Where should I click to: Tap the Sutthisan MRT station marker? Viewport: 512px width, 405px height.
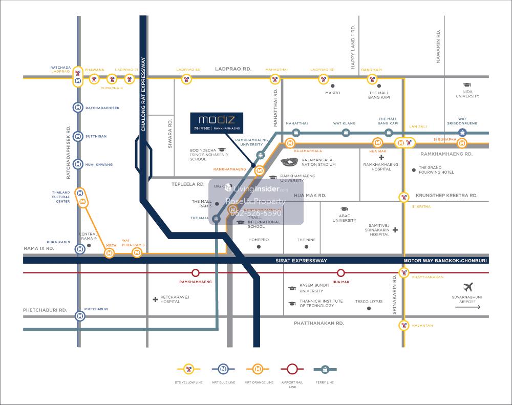click(x=77, y=137)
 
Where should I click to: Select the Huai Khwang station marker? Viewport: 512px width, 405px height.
click(x=77, y=164)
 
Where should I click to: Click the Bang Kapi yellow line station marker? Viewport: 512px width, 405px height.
click(x=372, y=79)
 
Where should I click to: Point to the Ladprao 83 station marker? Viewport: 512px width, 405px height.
click(x=186, y=79)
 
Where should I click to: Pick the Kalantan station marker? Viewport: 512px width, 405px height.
click(x=404, y=325)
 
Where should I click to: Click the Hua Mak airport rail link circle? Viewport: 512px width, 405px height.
click(x=341, y=273)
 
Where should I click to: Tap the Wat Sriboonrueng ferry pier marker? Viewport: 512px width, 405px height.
click(x=462, y=133)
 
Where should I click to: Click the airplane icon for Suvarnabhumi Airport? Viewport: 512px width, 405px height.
click(x=467, y=287)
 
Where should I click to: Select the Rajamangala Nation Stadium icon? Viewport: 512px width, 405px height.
click(x=290, y=162)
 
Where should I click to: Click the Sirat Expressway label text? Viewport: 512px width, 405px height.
click(x=301, y=261)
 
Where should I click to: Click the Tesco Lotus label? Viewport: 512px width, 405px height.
click(x=369, y=301)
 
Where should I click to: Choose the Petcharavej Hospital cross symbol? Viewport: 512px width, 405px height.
click(x=155, y=299)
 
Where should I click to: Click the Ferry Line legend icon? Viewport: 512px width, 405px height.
click(x=326, y=369)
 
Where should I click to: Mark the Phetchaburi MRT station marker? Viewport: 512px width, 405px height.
click(x=79, y=316)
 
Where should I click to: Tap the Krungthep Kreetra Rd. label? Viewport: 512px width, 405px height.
click(x=446, y=196)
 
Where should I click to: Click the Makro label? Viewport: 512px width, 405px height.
click(x=332, y=93)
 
